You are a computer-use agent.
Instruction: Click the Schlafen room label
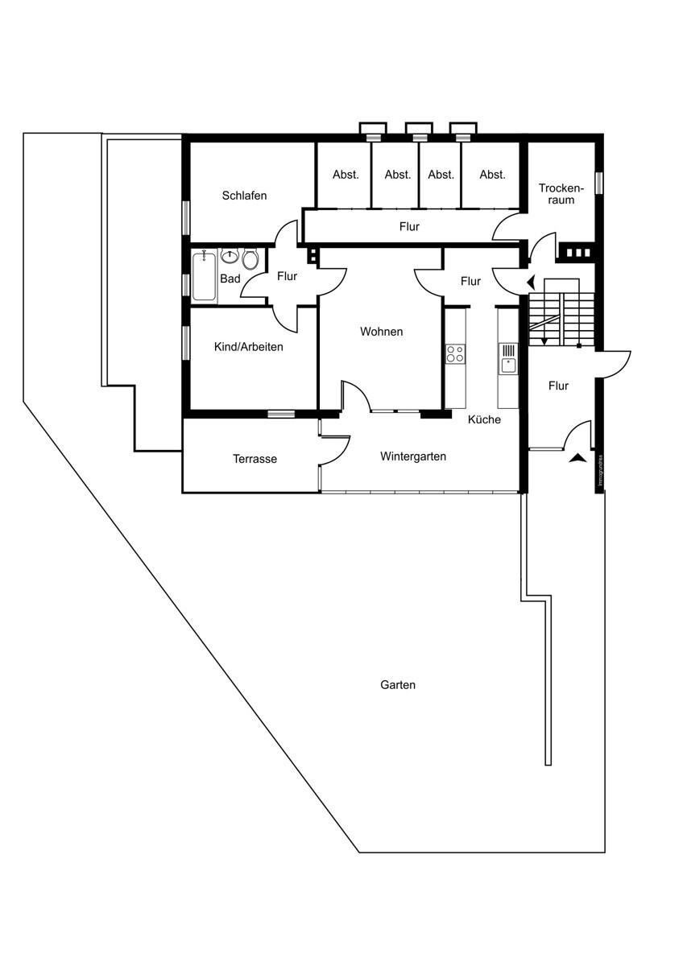[x=244, y=196]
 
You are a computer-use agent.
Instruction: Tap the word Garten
[x=398, y=685]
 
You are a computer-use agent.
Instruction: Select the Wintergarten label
[x=413, y=456]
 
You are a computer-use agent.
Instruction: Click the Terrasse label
[x=255, y=459]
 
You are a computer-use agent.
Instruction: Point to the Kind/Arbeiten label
[x=248, y=347]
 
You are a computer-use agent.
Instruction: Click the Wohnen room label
[x=381, y=332]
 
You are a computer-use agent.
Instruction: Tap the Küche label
[x=484, y=419]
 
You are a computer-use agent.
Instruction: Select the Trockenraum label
[x=557, y=194]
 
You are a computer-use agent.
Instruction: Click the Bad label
[x=230, y=279]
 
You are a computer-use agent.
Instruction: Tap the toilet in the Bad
[x=250, y=259]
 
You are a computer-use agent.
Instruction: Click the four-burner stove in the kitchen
[x=455, y=354]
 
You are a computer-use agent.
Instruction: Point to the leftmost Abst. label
[x=346, y=175]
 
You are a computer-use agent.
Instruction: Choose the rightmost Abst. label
[x=492, y=175]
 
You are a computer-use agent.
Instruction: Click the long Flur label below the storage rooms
[x=409, y=227]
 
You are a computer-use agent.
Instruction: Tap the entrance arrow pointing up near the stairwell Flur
[x=577, y=459]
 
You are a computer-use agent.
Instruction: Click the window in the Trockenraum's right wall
[x=598, y=182]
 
